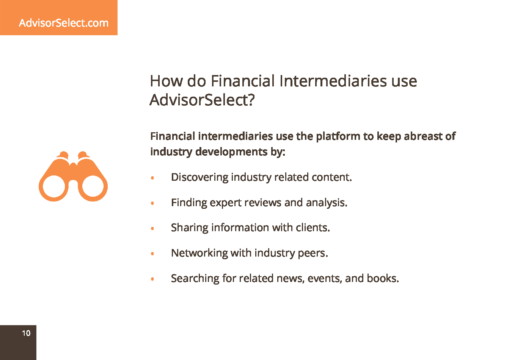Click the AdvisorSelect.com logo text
pos(64,23)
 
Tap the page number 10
pos(26,333)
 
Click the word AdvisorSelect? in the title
pos(202,100)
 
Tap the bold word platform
pos(338,136)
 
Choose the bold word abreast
pos(423,136)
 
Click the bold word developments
pos(231,152)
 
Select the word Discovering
pos(199,177)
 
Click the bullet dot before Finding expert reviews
pos(152,203)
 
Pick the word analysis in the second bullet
pos(327,203)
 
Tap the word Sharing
pos(190,228)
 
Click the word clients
pos(313,228)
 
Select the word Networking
pos(199,253)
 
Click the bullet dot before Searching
pos(152,279)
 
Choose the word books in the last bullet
pos(383,279)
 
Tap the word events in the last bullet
pos(325,279)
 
